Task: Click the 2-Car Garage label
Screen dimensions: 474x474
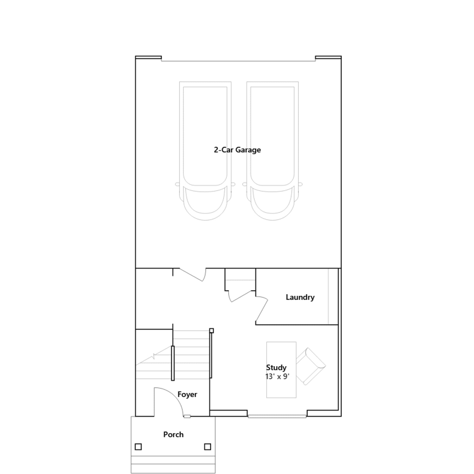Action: (x=237, y=150)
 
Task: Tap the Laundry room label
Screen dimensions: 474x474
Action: (x=300, y=297)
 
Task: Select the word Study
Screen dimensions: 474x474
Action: (x=276, y=368)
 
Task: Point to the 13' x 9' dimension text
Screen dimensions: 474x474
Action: (x=277, y=377)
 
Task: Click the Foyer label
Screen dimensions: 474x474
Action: (x=187, y=395)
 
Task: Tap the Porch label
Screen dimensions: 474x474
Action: (x=173, y=435)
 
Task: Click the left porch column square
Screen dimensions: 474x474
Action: (x=138, y=446)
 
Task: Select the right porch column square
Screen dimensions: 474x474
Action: (x=208, y=446)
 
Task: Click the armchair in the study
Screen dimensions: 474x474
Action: (x=311, y=366)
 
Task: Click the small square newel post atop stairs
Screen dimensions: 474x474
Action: (x=212, y=331)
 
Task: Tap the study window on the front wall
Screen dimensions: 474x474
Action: (x=277, y=416)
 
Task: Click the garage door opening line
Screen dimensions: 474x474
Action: (x=238, y=61)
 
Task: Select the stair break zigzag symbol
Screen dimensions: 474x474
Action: (x=153, y=356)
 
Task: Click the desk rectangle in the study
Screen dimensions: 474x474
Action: (x=281, y=370)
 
